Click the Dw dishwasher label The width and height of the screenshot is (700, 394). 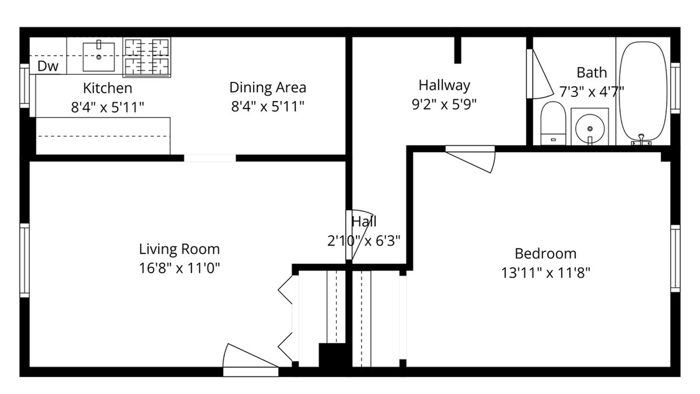(x=48, y=66)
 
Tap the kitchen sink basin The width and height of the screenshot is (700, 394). (x=99, y=57)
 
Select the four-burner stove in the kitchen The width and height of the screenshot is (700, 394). (x=147, y=57)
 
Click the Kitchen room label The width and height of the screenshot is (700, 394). (x=108, y=88)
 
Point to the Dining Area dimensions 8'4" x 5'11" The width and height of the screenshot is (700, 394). (x=268, y=107)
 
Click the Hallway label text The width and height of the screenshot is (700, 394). (x=444, y=85)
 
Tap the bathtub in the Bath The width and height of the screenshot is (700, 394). (x=643, y=92)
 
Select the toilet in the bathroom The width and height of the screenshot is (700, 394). (x=553, y=123)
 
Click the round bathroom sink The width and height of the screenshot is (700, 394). (x=590, y=128)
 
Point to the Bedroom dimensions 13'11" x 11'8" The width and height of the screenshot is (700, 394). (x=546, y=273)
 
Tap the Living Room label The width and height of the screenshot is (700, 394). (x=179, y=249)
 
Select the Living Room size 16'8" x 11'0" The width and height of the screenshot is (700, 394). (x=179, y=269)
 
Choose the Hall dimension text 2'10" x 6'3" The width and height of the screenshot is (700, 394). (x=364, y=241)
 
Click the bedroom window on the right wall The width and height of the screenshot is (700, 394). (x=675, y=258)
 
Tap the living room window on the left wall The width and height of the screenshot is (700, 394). (x=24, y=260)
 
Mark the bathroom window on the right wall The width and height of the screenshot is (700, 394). (x=675, y=88)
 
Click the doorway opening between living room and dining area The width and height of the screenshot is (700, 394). (x=210, y=158)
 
